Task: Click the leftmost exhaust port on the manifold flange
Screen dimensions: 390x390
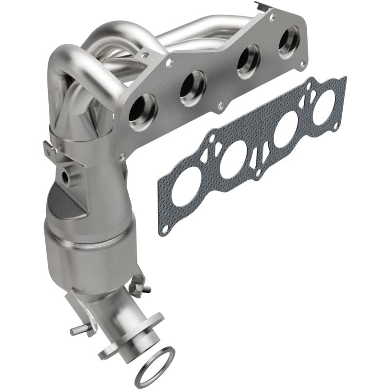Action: (143, 112)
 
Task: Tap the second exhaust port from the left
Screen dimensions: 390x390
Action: (193, 88)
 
